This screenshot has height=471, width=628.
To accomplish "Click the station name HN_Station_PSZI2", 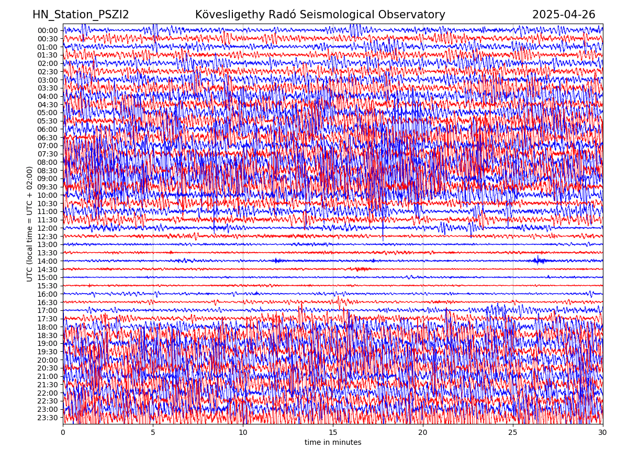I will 81,15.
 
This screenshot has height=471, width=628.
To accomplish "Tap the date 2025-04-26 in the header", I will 564,15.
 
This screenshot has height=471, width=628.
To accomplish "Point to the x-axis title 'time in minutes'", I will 333,443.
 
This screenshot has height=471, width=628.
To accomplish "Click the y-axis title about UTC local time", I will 30,224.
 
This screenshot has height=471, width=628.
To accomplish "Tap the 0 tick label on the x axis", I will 63,433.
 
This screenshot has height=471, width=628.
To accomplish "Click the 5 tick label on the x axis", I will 153,433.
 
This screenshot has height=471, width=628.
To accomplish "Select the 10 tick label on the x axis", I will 243,433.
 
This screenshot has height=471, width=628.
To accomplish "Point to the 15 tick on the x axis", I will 333,433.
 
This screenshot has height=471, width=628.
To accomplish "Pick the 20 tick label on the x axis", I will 423,433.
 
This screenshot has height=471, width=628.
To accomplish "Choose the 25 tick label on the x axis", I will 513,433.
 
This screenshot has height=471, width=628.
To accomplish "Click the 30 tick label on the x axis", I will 603,433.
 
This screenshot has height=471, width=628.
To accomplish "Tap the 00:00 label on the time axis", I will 48,30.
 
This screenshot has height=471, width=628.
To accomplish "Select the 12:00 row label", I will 48,228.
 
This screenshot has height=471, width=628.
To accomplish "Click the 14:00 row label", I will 48,261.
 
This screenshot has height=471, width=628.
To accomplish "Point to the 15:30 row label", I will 48,286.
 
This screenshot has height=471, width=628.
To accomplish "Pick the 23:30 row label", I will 48,418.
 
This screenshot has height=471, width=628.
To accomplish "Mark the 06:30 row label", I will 48,138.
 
